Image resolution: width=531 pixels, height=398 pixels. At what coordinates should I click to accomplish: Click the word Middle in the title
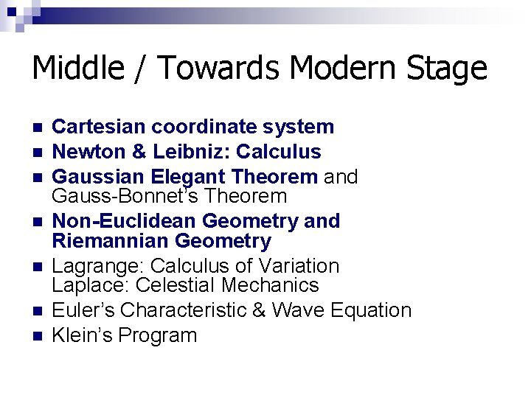[x=78, y=69]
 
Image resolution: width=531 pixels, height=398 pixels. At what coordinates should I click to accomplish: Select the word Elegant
[x=188, y=177]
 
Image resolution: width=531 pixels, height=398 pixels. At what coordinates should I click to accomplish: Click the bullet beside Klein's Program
[x=37, y=336]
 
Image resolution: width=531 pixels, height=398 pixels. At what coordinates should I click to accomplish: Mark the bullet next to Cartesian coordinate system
[x=37, y=128]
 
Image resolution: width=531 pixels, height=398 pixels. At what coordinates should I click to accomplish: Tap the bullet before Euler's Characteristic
[x=37, y=311]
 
